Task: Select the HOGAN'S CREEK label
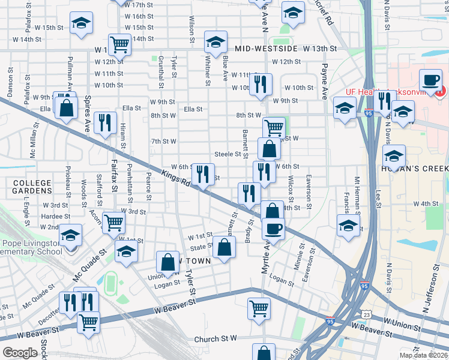pos(417,169)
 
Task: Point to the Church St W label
pos(216,339)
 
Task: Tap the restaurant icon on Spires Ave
pos(106,123)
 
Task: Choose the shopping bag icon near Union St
pos(167,262)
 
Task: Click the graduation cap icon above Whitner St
pos(214,42)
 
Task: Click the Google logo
pos(20,353)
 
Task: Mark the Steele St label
pos(228,154)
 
